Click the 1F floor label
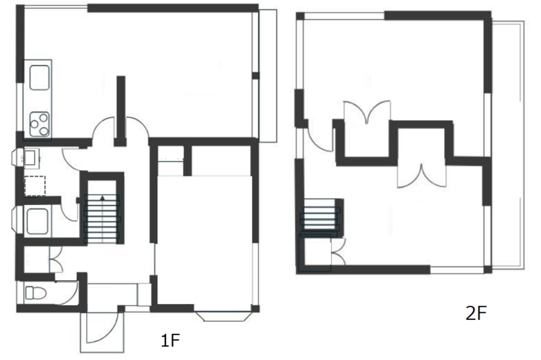tap(170, 341)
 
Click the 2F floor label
tap(476, 313)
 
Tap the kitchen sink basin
tap(39, 77)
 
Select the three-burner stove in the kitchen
tap(39, 123)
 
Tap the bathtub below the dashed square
tap(35, 222)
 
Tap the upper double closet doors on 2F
tap(367, 114)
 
